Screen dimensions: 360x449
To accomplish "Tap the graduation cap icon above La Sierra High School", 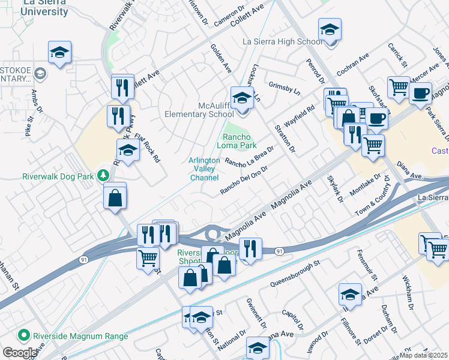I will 330,30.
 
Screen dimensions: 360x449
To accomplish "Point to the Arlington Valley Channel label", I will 204,169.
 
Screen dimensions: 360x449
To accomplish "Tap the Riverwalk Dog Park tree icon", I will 103,175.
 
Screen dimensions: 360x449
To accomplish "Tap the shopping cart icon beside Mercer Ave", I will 398,88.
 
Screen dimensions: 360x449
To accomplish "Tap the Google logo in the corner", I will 19,352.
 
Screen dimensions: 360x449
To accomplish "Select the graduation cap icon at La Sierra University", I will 59,53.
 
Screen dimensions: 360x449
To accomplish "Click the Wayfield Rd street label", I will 300,116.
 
